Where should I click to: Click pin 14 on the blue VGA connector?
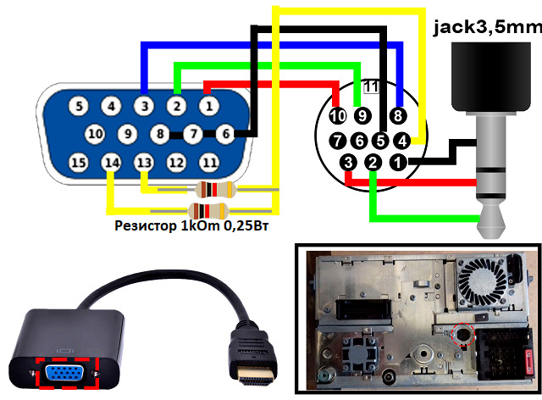pos(111,163)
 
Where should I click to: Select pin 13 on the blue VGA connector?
pos(144,163)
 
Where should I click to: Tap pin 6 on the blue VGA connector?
pos(226,134)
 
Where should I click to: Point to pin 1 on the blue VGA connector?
pos(209,106)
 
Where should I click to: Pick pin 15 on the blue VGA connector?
pos(79,163)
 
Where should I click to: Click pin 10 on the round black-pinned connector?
pos(338,115)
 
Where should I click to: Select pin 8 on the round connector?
pos(398,115)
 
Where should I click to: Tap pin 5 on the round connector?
pos(380,141)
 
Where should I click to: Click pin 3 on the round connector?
pos(348,162)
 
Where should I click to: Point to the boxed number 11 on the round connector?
pos(372,86)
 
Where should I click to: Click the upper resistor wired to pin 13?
pos(216,189)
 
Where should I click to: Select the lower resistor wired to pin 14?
pos(208,210)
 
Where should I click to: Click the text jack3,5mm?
pos(488,27)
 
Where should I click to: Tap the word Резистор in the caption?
pos(145,225)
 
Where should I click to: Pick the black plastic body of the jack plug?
pos(491,77)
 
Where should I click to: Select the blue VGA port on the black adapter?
pos(66,373)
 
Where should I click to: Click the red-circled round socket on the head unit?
pos(464,334)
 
